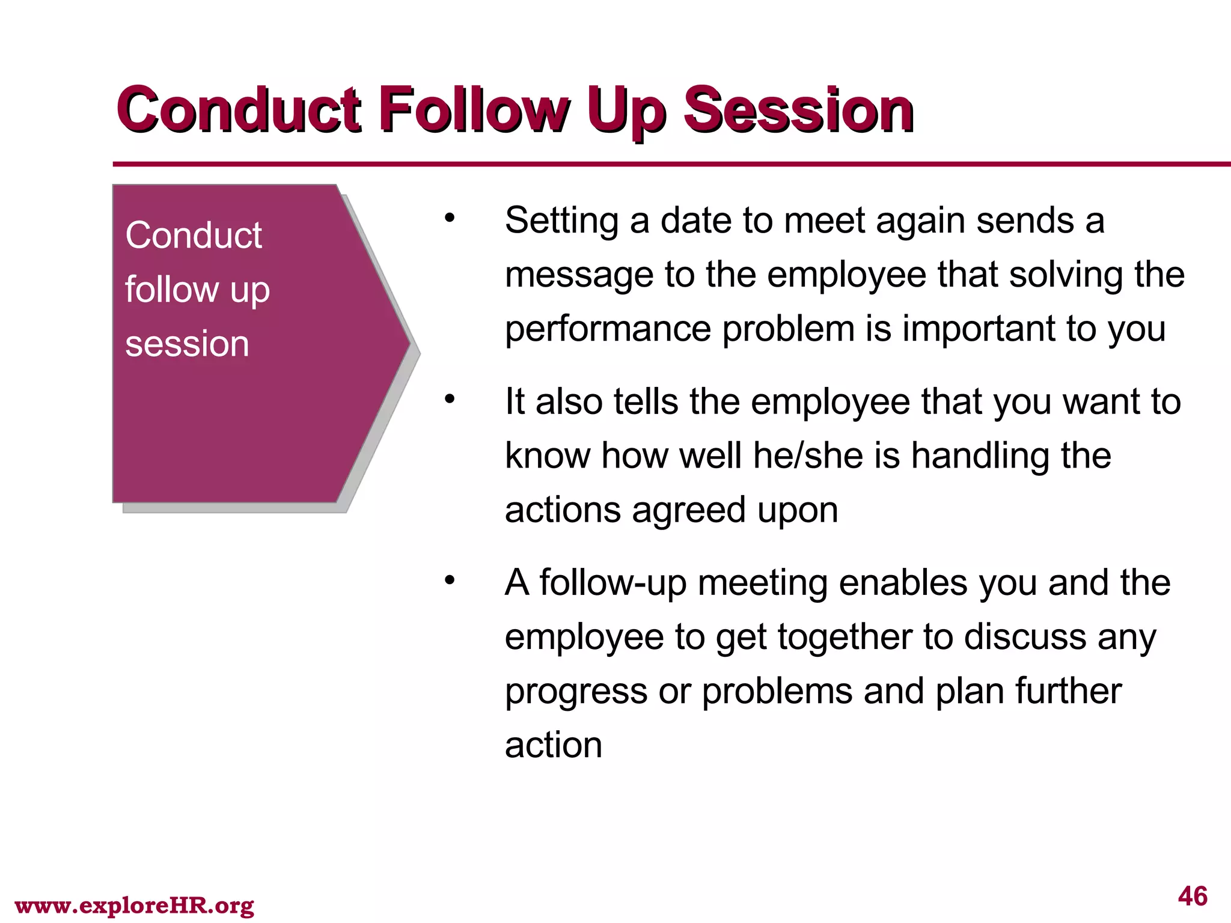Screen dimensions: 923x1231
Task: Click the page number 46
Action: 1193,896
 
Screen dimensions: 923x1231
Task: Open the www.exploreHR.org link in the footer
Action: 135,905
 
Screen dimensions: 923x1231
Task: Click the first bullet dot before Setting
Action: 450,218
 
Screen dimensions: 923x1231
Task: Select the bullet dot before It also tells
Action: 450,399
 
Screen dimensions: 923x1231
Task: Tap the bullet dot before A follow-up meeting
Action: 450,580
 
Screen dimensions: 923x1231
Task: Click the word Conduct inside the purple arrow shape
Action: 194,235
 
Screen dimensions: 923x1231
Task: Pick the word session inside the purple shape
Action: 187,344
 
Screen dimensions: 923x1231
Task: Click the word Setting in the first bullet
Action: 561,221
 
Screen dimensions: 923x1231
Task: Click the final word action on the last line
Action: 553,745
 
